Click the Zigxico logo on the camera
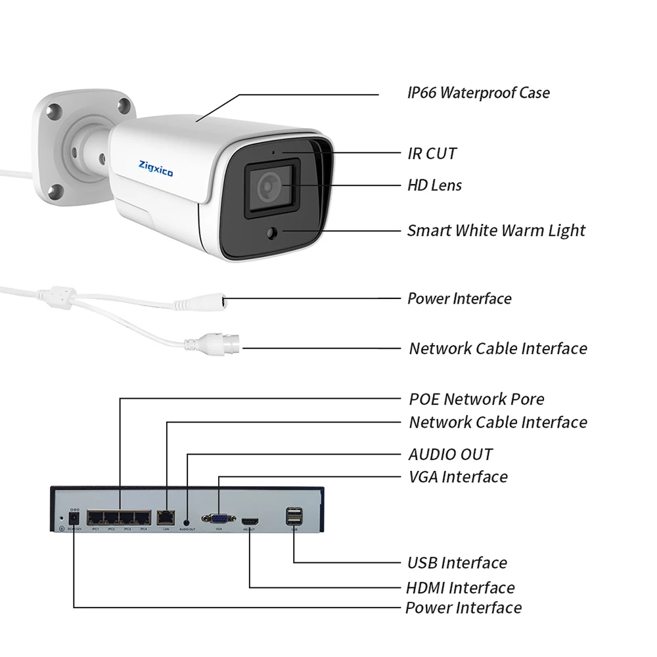[x=156, y=169]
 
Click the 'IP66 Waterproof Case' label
[x=478, y=93]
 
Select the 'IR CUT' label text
[x=432, y=154]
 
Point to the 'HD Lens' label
[x=434, y=185]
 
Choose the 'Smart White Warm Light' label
[x=496, y=231]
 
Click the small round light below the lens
[x=273, y=231]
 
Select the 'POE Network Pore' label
[x=476, y=399]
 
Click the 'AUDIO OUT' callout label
[x=450, y=454]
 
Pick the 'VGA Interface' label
[x=458, y=476]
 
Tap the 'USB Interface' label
[x=457, y=562]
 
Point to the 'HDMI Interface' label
[x=460, y=587]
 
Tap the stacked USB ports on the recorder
[x=293, y=517]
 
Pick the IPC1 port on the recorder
[x=95, y=518]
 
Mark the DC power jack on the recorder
[x=74, y=519]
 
